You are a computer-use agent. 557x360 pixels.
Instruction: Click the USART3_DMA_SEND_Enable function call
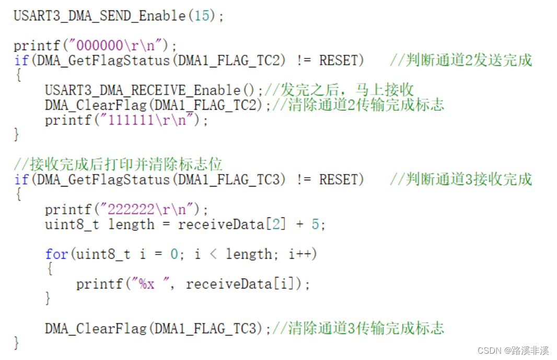click(99, 16)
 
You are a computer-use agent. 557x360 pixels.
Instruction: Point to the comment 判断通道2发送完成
click(461, 61)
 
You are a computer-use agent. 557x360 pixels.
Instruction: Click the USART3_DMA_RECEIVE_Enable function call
click(143, 90)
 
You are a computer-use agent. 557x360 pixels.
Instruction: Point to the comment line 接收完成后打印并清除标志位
click(118, 165)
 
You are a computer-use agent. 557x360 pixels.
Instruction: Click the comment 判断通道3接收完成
click(461, 180)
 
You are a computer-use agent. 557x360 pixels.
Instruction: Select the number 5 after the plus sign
click(315, 225)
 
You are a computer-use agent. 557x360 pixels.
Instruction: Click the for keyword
click(56, 254)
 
